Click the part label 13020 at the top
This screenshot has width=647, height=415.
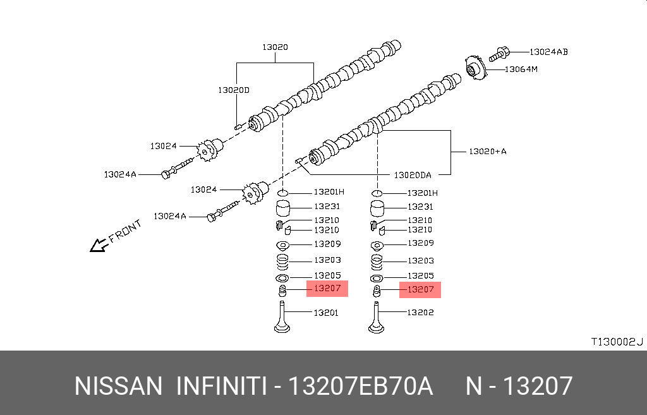275,47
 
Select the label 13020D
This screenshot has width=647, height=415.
234,90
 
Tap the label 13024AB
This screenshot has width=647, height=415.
548,52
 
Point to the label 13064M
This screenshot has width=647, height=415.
521,69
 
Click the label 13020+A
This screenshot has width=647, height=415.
487,152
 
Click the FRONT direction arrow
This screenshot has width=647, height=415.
98,245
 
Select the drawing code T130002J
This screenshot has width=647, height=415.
616,342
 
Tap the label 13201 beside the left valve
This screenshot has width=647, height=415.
326,312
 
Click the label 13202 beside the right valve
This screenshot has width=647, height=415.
420,312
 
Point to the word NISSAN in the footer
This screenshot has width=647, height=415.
118,386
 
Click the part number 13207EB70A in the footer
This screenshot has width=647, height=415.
360,386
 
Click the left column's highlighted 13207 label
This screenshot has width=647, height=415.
327,289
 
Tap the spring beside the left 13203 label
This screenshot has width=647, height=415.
282,260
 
